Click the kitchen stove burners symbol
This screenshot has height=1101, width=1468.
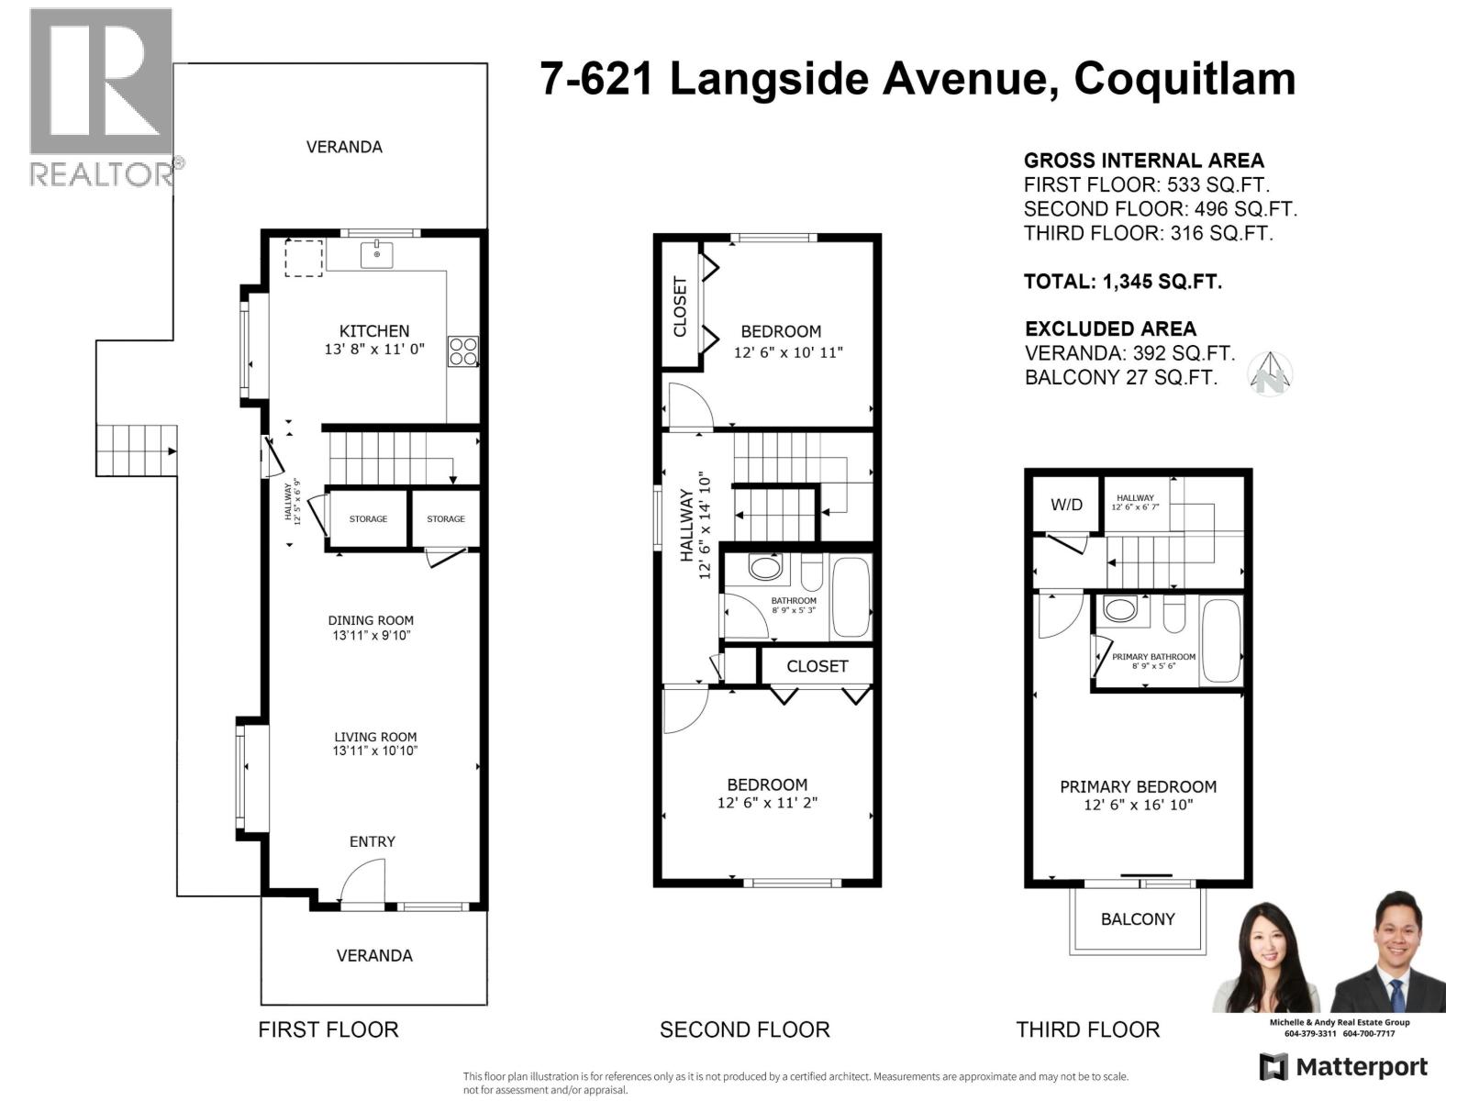pyautogui.click(x=462, y=351)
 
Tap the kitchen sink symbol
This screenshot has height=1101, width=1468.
pyautogui.click(x=376, y=254)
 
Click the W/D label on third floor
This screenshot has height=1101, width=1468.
pyautogui.click(x=1066, y=505)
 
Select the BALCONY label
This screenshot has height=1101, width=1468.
pyautogui.click(x=1138, y=919)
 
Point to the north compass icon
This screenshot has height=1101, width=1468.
pyautogui.click(x=1270, y=375)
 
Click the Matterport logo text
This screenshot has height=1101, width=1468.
pyautogui.click(x=1362, y=1067)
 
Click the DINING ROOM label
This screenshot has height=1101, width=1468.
pyautogui.click(x=371, y=620)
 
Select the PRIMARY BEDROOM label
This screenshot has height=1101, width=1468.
pyautogui.click(x=1138, y=786)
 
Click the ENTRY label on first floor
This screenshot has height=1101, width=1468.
pyautogui.click(x=372, y=841)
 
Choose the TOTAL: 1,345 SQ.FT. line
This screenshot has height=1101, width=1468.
pyautogui.click(x=1122, y=282)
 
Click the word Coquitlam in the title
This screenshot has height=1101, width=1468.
pyautogui.click(x=1184, y=79)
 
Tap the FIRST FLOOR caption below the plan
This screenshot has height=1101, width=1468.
pyautogui.click(x=328, y=1029)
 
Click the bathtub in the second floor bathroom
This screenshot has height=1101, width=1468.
pyautogui.click(x=851, y=597)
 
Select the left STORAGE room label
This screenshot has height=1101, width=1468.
pyautogui.click(x=368, y=519)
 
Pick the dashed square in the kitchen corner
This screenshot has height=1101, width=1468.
pyautogui.click(x=304, y=258)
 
